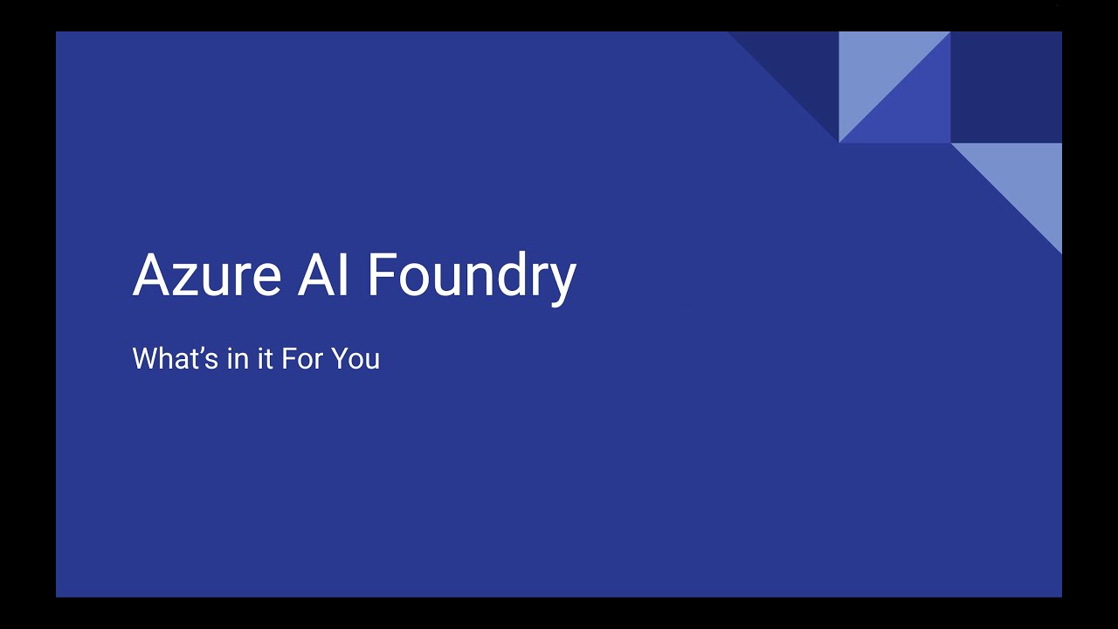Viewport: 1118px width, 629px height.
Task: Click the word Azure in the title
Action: point(206,274)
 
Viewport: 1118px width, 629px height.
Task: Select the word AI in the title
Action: point(324,274)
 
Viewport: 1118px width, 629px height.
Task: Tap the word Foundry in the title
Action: point(472,276)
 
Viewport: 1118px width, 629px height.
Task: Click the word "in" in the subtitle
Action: point(238,359)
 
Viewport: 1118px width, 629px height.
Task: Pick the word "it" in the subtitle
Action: point(265,359)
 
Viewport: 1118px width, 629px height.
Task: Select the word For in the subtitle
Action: point(302,359)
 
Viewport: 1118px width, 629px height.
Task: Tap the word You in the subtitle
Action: point(355,359)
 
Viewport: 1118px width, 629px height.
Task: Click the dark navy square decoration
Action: point(1006,87)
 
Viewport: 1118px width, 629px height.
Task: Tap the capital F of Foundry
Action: point(381,274)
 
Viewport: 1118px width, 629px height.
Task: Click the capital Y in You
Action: point(340,359)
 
